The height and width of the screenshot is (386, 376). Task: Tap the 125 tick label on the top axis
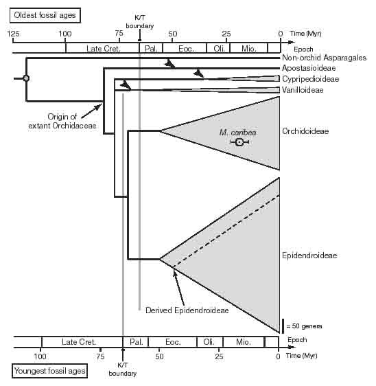[x=13, y=34]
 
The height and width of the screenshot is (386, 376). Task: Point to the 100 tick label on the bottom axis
[x=40, y=356]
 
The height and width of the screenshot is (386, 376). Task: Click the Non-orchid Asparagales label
[x=324, y=58]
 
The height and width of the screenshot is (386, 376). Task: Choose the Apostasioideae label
[x=309, y=68]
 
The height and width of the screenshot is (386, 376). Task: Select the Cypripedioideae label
[x=311, y=79]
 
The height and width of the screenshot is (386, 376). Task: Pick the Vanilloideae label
[x=303, y=90]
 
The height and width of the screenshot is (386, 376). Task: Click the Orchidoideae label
[x=305, y=131]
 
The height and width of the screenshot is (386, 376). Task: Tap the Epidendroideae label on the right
[x=309, y=256]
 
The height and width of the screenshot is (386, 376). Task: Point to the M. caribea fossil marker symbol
[x=239, y=142]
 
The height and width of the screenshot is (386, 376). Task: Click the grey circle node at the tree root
[x=26, y=78]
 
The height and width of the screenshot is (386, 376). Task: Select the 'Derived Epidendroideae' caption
[x=187, y=310]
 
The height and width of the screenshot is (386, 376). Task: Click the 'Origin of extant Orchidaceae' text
[x=62, y=121]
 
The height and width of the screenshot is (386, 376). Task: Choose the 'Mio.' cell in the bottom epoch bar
[x=244, y=342]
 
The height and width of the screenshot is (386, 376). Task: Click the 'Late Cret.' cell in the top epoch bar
[x=102, y=49]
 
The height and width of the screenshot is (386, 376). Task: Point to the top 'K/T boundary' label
[x=140, y=22]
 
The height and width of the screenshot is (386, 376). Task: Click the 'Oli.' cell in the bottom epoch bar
[x=210, y=342]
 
